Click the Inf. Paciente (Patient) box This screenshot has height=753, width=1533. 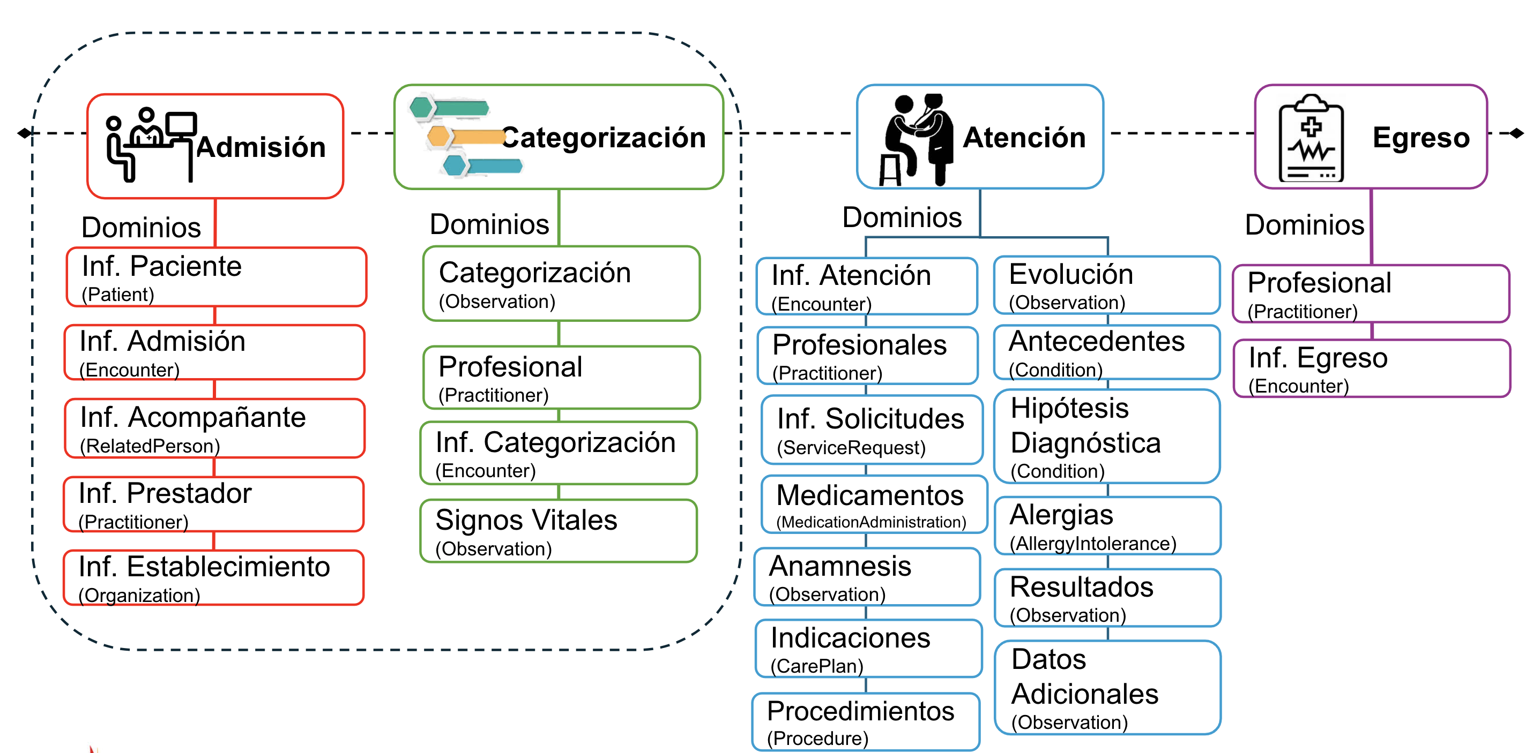216,277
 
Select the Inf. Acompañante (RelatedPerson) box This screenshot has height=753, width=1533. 214,428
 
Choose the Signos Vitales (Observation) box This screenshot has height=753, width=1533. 558,531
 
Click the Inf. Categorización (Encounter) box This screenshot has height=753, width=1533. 558,453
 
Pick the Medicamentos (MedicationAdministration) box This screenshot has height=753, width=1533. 874,504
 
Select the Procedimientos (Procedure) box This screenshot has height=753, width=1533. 866,721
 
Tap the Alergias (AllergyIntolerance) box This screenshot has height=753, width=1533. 1107,526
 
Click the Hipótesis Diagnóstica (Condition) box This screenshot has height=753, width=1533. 1107,436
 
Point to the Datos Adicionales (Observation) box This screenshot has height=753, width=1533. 1107,688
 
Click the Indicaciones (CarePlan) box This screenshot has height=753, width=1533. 868,649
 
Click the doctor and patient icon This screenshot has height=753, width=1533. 916,139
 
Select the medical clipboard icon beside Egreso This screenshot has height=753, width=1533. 1311,139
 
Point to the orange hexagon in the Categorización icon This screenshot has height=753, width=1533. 438,137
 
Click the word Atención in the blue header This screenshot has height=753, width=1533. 1024,138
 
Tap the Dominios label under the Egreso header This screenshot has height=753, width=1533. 1305,225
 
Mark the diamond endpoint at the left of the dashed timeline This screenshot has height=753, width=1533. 24,133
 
